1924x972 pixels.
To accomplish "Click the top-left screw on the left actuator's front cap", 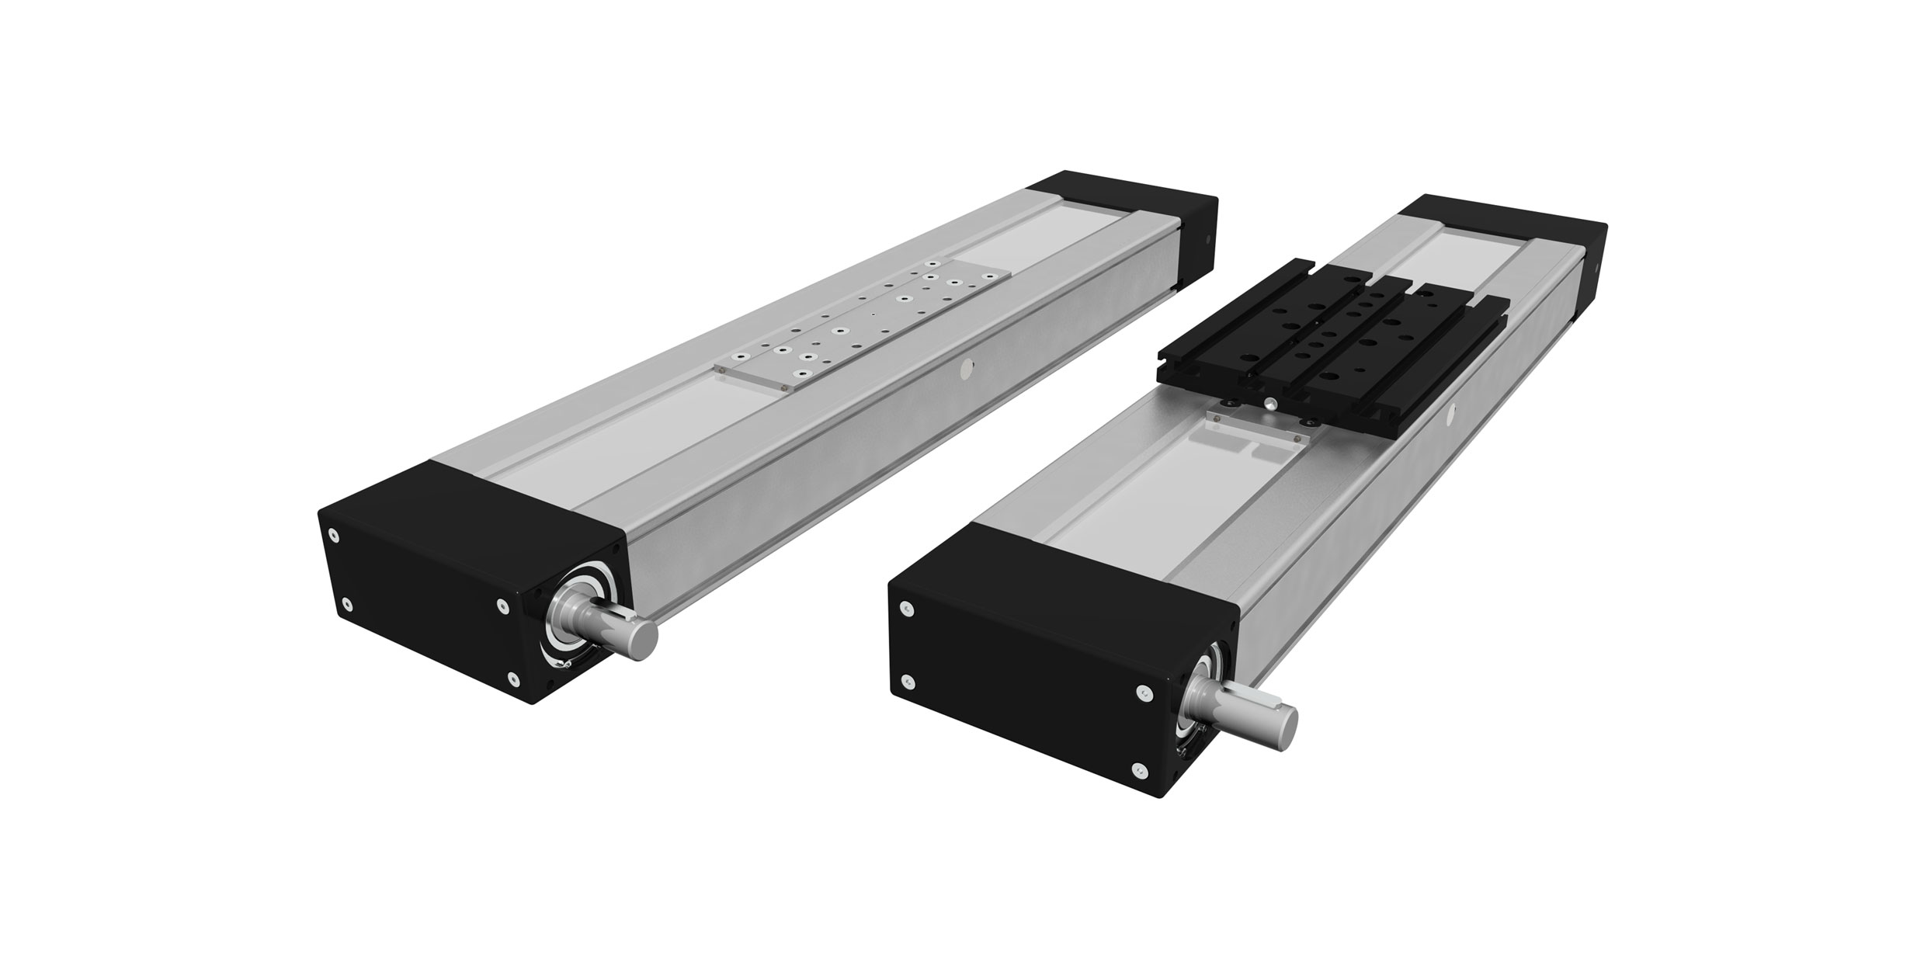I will pyautogui.click(x=333, y=535).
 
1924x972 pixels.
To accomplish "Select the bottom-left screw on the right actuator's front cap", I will pyautogui.click(x=908, y=682).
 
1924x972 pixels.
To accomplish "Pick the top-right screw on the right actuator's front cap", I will pyautogui.click(x=1141, y=690).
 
